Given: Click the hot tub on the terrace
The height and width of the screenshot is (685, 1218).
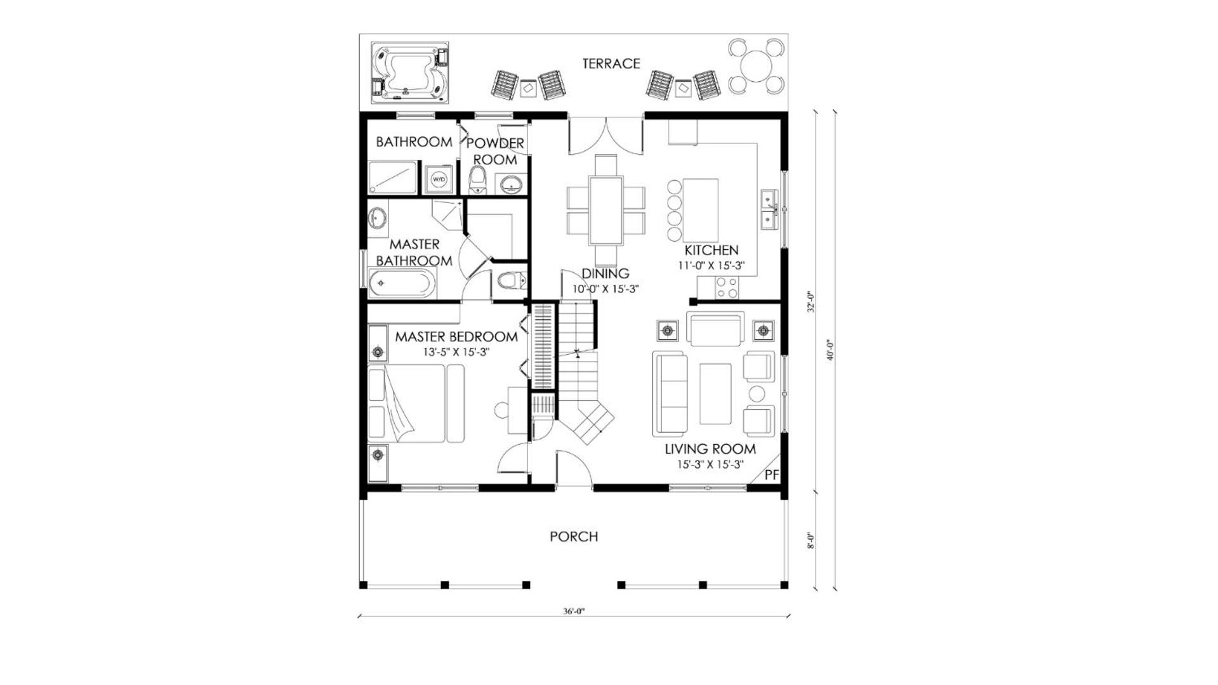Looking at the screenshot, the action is pos(411,73).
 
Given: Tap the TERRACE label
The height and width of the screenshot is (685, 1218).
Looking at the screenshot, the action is pos(611,63).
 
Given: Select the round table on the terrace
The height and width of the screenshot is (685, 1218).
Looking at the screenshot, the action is pos(756,66).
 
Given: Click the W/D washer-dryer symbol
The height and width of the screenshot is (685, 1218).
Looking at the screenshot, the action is pos(439,179).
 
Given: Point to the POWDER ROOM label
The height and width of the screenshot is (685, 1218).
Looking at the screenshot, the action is pos(495,151).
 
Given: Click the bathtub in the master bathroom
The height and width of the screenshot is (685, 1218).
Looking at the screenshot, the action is pos(402,283).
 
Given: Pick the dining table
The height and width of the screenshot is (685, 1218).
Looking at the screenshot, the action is pos(606,210).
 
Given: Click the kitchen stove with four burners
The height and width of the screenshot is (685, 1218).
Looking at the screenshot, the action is pos(727,288).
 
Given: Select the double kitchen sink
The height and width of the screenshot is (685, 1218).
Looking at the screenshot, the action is pos(769,209).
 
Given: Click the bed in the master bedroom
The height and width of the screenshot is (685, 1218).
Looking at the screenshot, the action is pos(416,403).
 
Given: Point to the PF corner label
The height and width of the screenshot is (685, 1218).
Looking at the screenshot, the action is pos(771,474).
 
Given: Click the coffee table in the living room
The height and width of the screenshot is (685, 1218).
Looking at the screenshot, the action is pos(715,393).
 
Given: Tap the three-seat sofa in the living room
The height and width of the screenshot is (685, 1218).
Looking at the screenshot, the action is pos(670,394).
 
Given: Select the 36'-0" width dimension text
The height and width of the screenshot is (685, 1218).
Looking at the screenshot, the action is pos(573,611).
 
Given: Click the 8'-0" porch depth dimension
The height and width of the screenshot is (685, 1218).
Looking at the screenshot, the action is pos(811,540).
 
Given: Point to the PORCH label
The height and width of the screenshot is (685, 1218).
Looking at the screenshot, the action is pos(574,537).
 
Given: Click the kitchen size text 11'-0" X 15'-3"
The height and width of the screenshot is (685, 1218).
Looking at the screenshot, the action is pos(711,266).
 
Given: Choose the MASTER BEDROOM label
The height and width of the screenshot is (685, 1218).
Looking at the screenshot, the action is pos(456,337).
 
